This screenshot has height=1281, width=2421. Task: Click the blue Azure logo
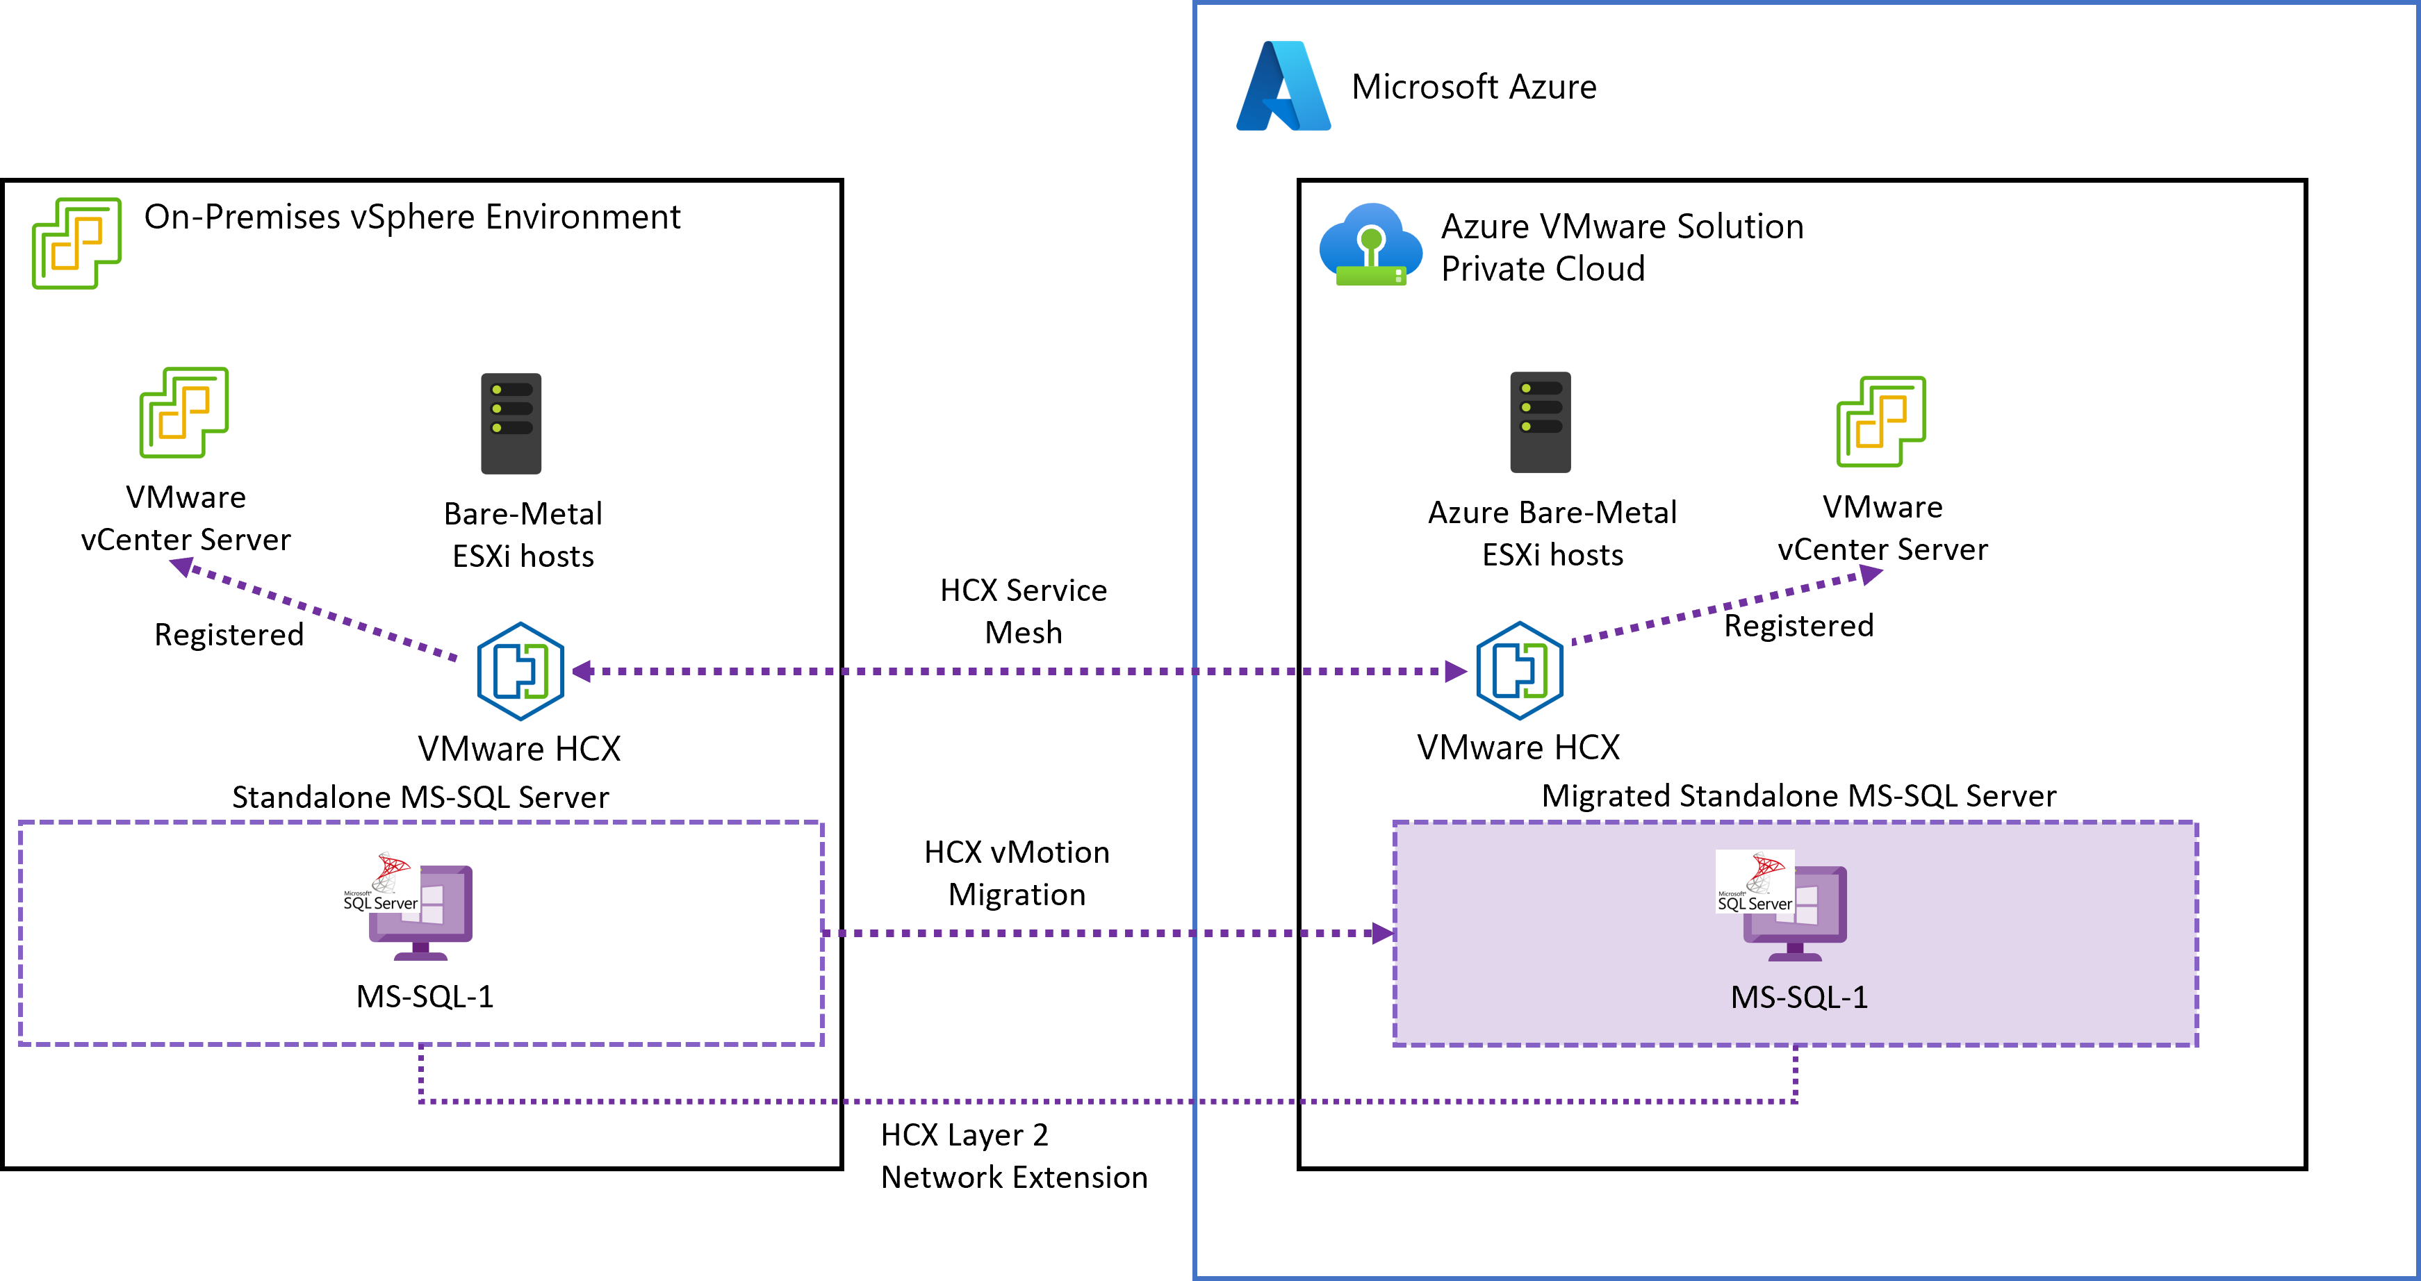[x=1283, y=86]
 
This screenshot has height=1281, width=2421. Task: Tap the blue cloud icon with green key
[x=1371, y=245]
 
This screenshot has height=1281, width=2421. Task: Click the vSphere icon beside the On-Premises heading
[x=77, y=242]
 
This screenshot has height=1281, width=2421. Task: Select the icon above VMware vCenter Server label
[x=184, y=412]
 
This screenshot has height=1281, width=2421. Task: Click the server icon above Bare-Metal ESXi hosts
[x=511, y=423]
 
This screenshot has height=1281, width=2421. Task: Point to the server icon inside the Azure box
[x=1539, y=422]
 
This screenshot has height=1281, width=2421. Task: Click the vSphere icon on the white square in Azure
[x=1880, y=421]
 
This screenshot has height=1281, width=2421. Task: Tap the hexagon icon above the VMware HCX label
[x=520, y=671]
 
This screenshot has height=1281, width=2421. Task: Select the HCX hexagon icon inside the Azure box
[x=1520, y=671]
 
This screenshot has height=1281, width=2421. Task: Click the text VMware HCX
[x=520, y=748]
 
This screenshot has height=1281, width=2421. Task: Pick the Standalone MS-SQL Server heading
[x=420, y=797]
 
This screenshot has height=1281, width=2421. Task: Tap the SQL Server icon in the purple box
[x=1781, y=906]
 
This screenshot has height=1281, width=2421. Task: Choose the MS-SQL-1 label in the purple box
[x=1799, y=996]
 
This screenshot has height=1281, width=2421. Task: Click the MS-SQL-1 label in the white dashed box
[x=425, y=995]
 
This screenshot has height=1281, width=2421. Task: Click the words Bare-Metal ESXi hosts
[x=523, y=535]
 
